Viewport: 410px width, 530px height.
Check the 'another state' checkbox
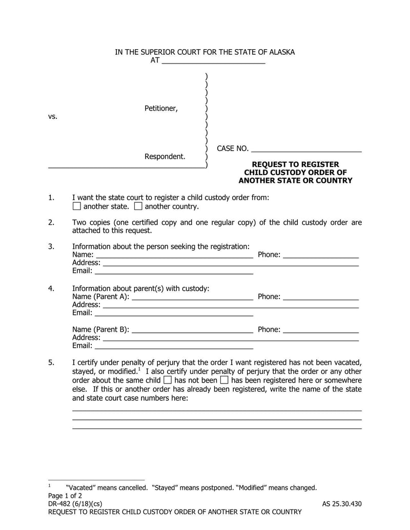(x=76, y=206)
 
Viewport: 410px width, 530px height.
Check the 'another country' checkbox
(x=138, y=206)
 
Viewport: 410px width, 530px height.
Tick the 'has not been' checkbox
(x=168, y=380)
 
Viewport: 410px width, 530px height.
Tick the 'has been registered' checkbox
(x=224, y=380)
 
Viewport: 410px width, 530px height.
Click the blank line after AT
(x=213, y=60)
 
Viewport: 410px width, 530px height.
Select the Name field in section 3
(x=174, y=255)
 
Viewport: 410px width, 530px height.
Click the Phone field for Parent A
(x=320, y=297)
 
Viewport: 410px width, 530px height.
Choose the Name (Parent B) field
(x=192, y=330)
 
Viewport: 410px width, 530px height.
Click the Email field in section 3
(x=174, y=271)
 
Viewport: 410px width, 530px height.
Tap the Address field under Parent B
(x=231, y=338)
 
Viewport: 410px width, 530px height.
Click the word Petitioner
(x=161, y=108)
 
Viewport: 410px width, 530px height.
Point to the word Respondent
(x=165, y=156)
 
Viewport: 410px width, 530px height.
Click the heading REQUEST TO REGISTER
(x=295, y=164)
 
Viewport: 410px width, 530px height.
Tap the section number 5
(x=51, y=363)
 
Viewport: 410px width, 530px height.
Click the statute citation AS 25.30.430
(x=342, y=503)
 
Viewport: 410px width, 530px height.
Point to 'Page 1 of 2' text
(x=65, y=496)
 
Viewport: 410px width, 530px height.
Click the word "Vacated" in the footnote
(x=80, y=487)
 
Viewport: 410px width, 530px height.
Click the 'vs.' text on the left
(x=53, y=116)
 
